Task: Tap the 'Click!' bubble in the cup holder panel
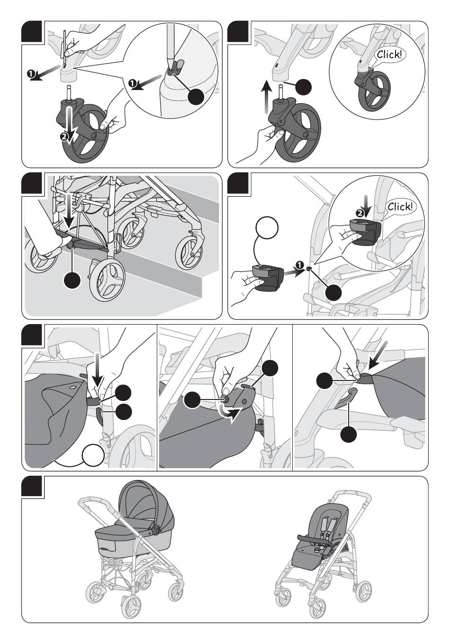click(399, 207)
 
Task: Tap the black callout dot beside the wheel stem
click(303, 87)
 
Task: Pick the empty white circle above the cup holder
click(267, 227)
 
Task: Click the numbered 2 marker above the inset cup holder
click(359, 213)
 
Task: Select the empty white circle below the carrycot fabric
click(93, 456)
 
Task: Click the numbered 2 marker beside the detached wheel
click(64, 137)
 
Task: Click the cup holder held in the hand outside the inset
click(268, 277)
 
